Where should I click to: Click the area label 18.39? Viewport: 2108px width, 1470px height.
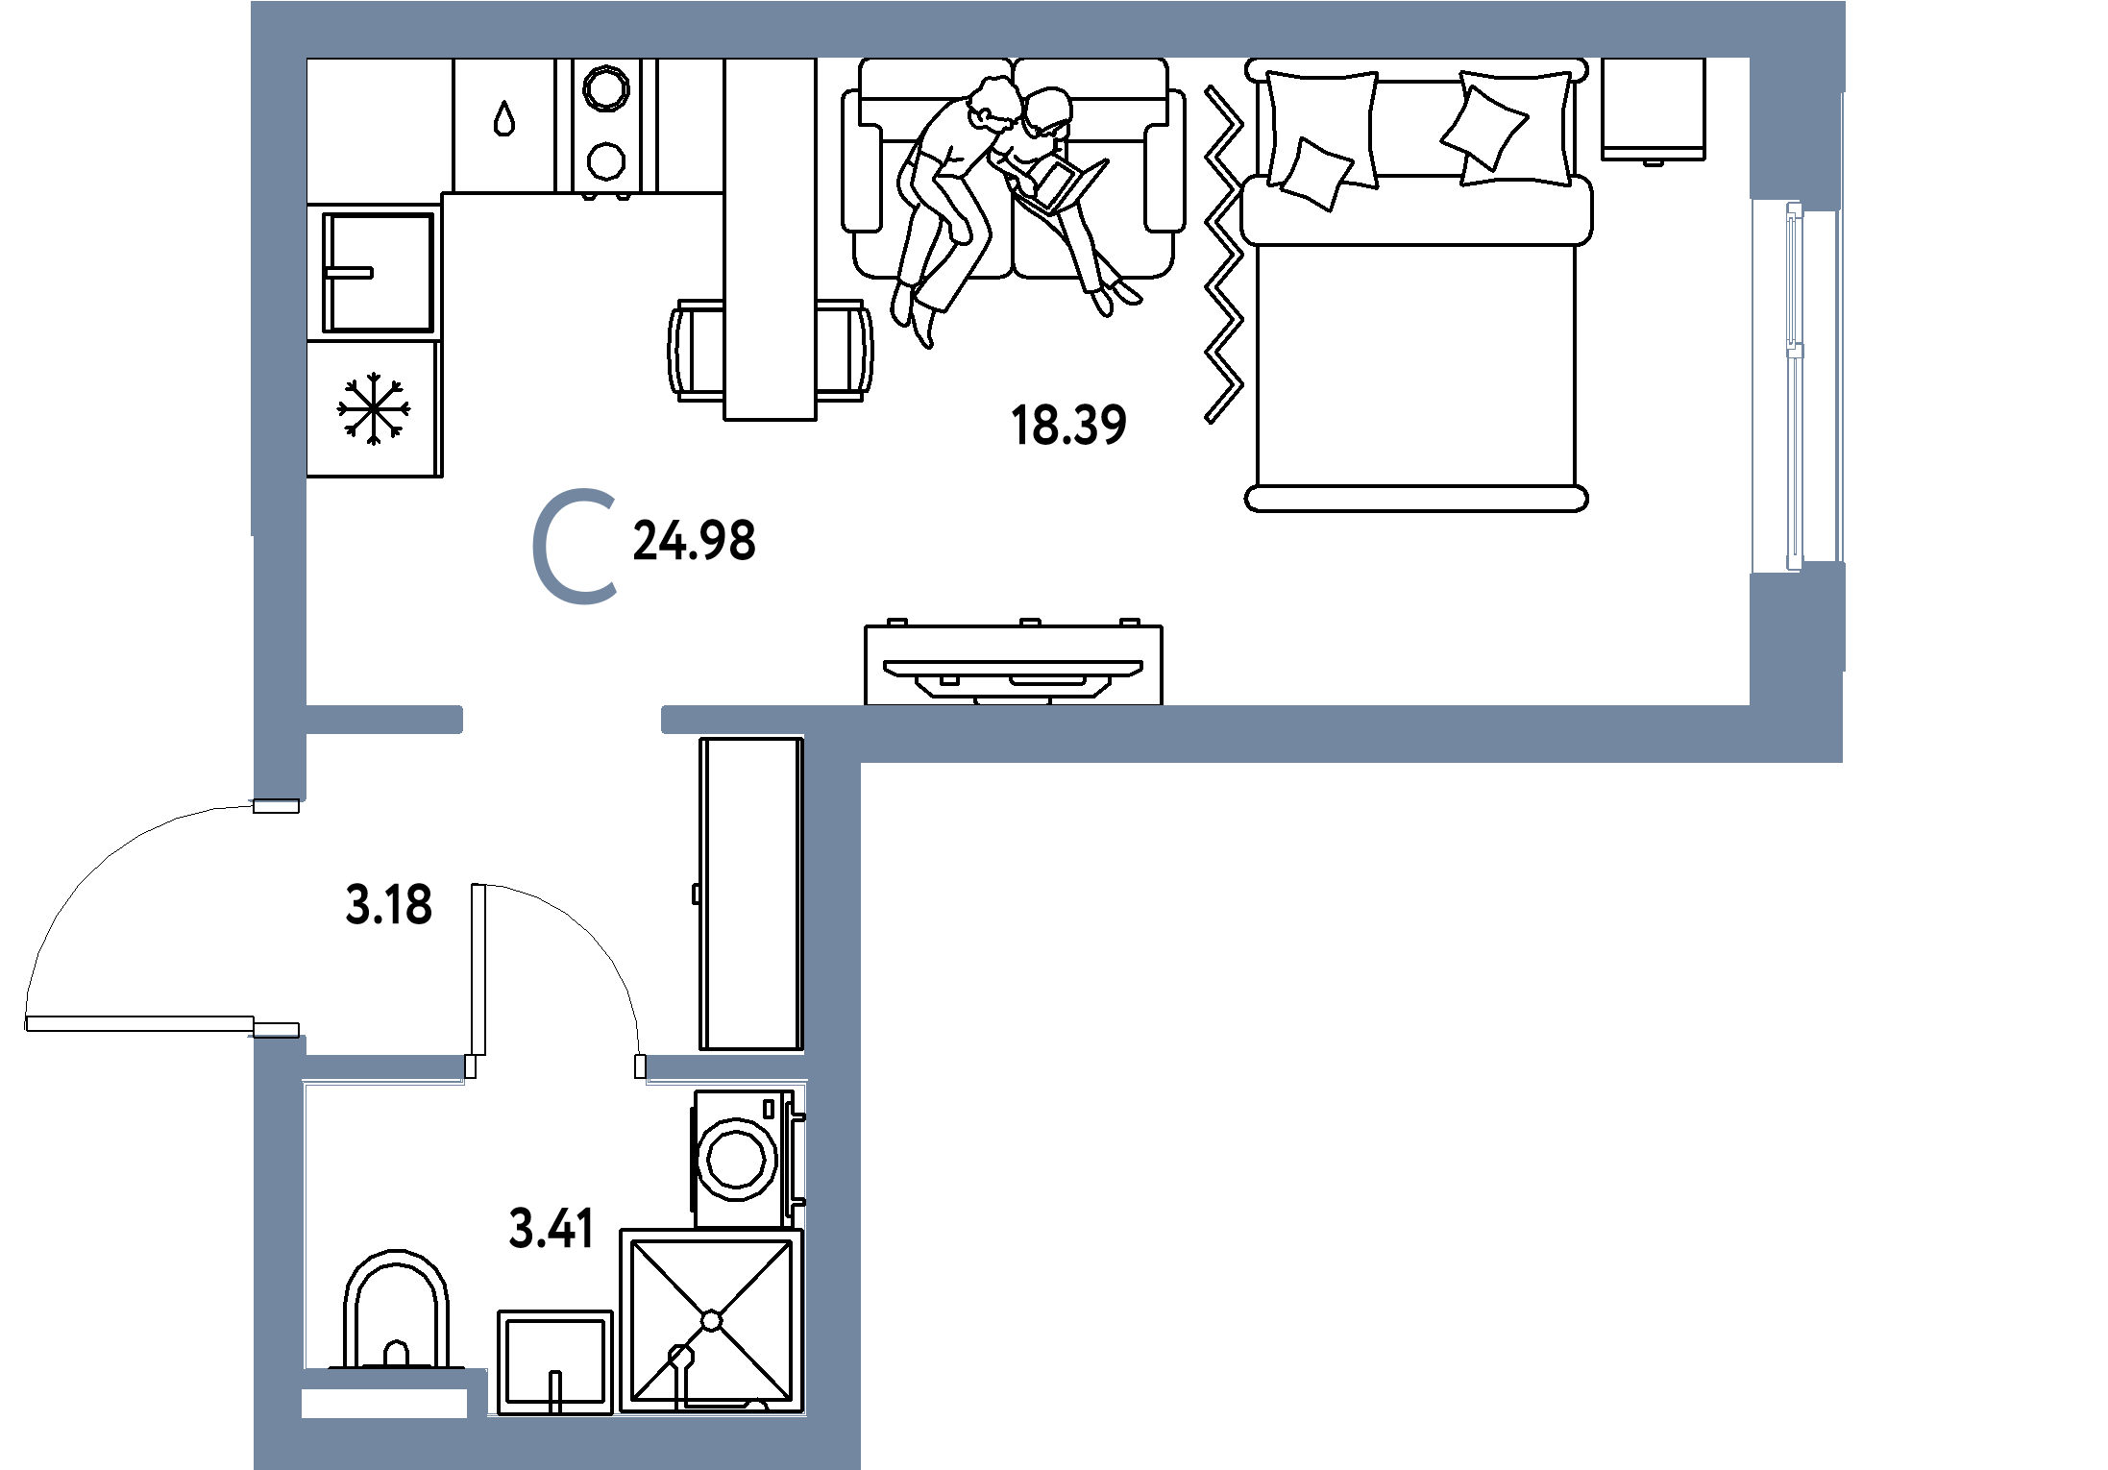pos(1068,425)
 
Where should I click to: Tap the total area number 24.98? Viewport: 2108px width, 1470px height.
pos(695,541)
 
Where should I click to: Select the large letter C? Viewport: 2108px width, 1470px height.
pos(576,549)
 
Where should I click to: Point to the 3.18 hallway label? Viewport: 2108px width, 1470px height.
pos(388,904)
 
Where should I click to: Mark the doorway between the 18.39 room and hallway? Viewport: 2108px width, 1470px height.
pos(562,720)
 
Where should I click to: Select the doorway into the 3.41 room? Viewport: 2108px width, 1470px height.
pos(555,1067)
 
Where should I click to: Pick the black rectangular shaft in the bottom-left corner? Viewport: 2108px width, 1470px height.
pos(384,1404)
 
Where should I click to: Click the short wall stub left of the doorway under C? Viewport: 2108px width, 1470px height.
pos(383,720)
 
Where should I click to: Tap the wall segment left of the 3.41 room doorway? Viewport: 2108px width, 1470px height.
pos(383,1067)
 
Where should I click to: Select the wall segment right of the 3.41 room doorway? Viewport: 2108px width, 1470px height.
pos(725,1067)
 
